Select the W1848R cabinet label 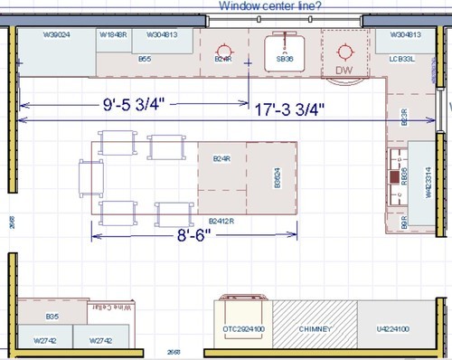tap(112, 34)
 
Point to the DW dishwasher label tap(343, 70)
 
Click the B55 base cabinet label tap(144, 59)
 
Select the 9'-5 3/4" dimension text tap(132, 104)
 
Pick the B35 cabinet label tap(52, 317)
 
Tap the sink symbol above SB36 tap(286, 43)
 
